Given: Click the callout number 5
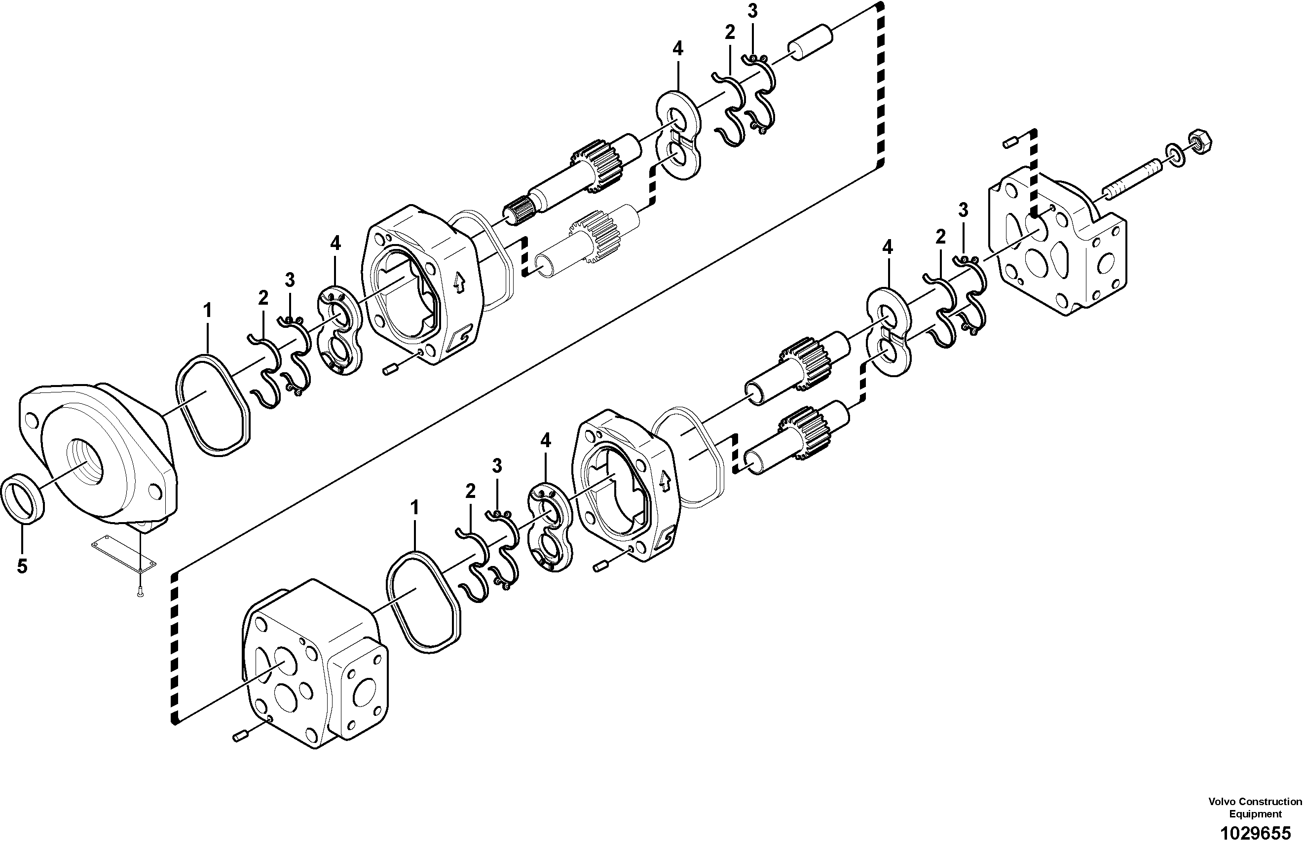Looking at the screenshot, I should click(22, 566).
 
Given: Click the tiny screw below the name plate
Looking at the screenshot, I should click(140, 591).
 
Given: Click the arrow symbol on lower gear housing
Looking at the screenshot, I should click(665, 482).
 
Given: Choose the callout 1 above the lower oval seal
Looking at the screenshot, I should click(414, 508).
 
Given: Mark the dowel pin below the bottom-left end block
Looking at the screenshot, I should click(239, 738).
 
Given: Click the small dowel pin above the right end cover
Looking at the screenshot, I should click(1010, 143).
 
